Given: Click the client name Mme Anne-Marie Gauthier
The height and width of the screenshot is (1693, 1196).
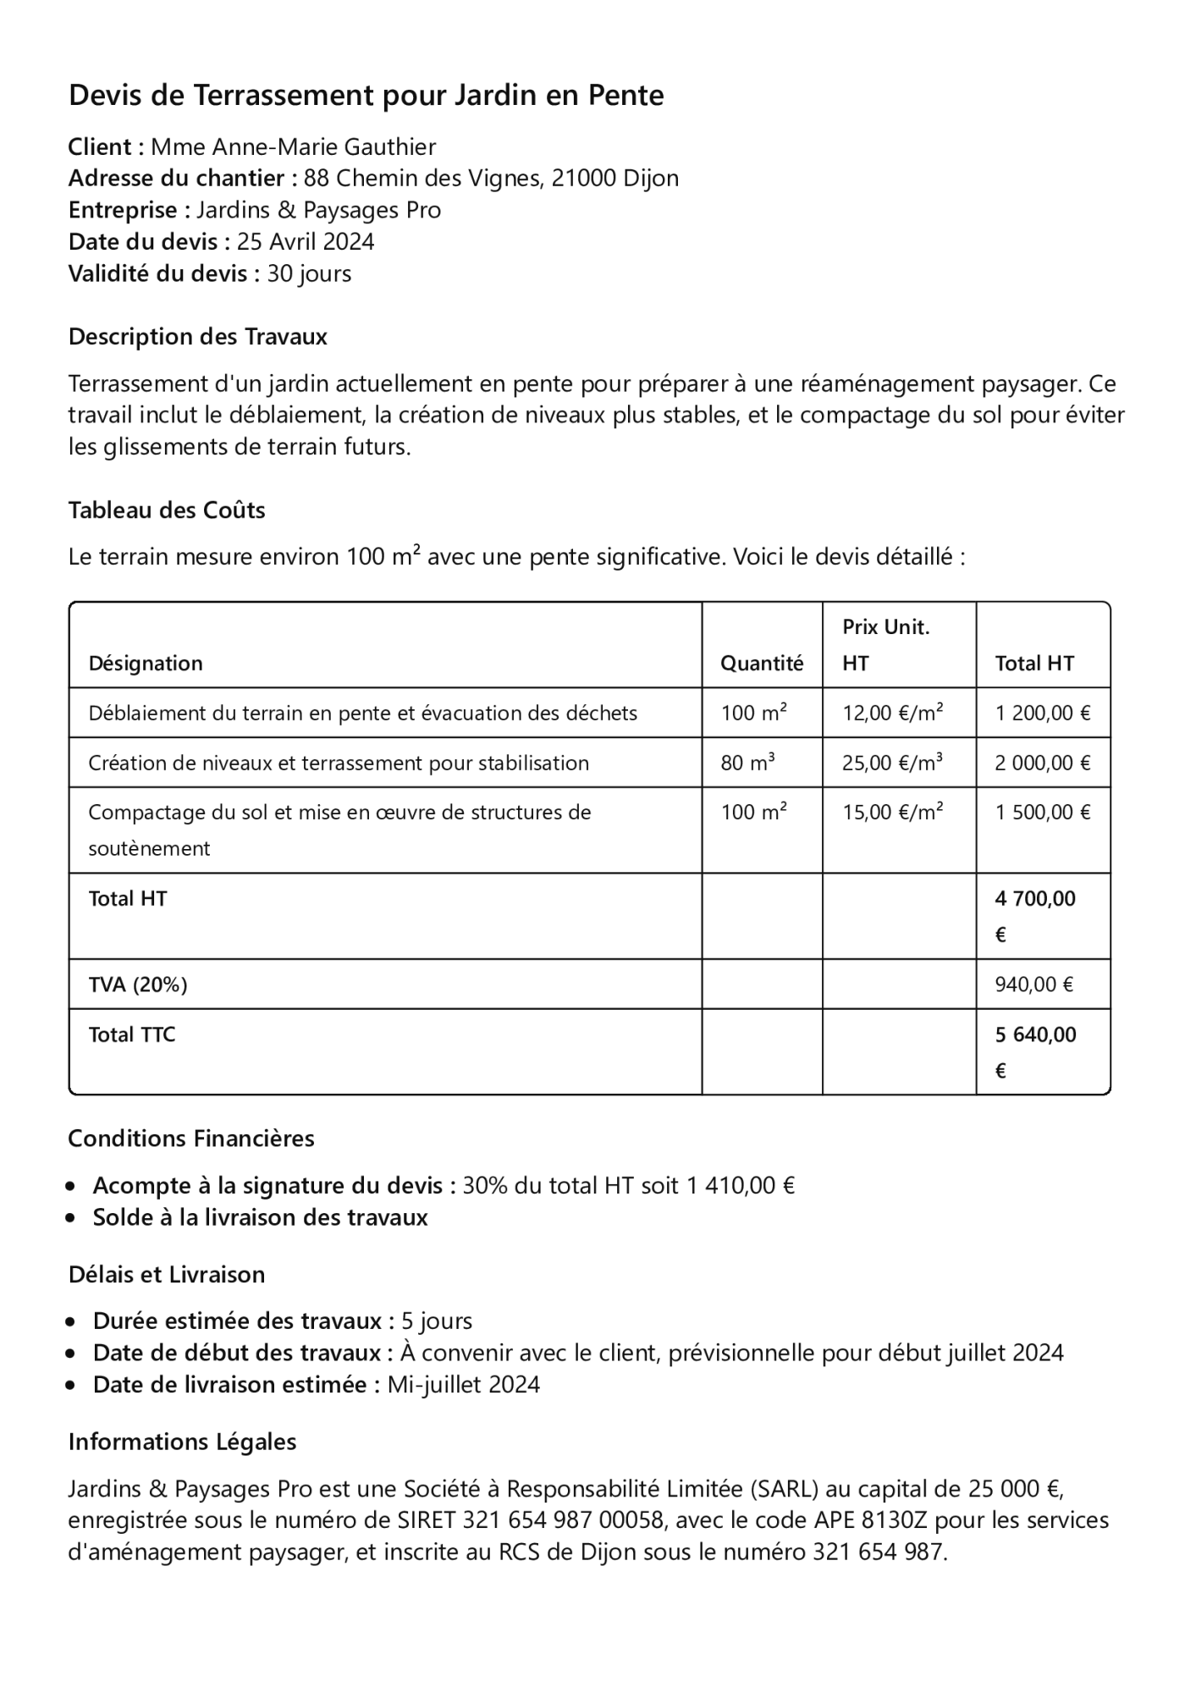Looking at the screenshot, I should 293,147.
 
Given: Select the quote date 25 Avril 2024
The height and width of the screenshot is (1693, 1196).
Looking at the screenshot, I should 305,242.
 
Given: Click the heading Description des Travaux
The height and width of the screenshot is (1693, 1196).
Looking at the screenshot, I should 197,337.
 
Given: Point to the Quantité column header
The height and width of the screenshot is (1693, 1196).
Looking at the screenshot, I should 761,664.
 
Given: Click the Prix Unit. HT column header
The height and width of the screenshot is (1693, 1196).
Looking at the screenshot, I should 885,645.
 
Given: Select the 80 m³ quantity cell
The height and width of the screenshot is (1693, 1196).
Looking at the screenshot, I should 747,763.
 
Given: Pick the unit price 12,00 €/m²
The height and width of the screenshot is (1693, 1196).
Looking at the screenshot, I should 892,713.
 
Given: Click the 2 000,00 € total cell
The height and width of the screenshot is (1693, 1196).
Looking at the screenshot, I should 1042,763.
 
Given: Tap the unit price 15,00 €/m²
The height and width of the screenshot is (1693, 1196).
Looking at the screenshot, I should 892,813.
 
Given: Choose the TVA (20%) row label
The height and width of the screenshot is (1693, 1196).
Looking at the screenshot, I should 138,984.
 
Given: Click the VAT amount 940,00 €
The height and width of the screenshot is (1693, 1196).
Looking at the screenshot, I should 1033,984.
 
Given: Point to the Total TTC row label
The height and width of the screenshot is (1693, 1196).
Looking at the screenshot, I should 132,1034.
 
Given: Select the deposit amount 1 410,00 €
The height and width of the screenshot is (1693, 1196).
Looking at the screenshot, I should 740,1185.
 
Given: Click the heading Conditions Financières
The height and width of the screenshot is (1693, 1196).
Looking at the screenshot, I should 191,1139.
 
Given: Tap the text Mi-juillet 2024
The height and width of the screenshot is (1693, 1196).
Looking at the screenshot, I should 463,1385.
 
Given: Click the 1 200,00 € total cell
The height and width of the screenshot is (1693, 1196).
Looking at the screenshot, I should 1042,713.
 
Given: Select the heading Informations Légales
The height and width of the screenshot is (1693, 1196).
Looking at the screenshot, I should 182,1442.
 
